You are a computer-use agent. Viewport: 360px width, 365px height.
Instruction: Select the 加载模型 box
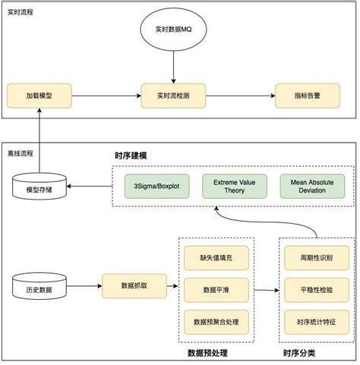point(38,96)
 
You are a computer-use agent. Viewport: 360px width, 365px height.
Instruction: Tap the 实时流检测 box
point(174,96)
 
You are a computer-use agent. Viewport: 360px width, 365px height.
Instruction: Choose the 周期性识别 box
point(314,257)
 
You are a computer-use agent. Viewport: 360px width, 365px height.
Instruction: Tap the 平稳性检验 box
point(314,290)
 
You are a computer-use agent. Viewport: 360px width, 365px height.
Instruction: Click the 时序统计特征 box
point(314,323)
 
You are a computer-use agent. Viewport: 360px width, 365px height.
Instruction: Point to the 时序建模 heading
point(131,156)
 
